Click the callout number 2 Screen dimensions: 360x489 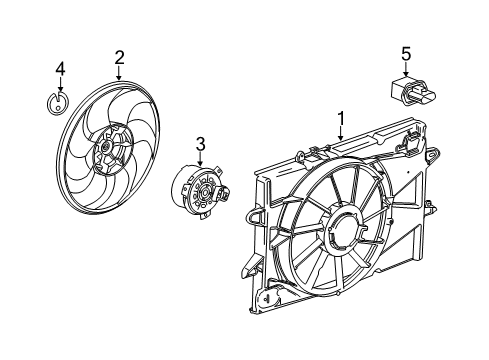[119, 57]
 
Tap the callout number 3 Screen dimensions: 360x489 [200, 145]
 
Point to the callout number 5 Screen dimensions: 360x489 [406, 52]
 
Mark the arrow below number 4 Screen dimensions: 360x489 [59, 85]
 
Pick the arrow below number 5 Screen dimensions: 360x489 [406, 68]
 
